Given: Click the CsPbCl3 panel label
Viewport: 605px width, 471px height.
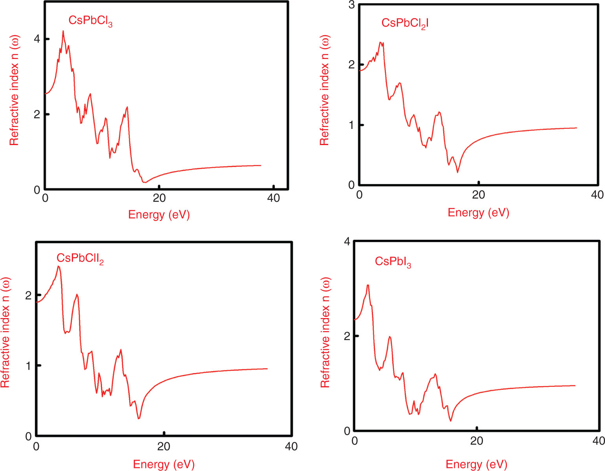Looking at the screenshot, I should (90, 21).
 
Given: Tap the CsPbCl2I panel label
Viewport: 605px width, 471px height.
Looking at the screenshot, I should (405, 24).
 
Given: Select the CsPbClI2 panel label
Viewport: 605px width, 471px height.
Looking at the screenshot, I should (80, 259).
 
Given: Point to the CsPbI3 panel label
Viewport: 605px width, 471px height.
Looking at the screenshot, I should (393, 262).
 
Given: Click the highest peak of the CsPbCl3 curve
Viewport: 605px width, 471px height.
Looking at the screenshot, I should (63, 31).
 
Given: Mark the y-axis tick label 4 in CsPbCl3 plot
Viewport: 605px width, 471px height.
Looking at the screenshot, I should (37, 39).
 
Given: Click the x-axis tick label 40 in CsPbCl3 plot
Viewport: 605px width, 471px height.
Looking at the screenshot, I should (273, 198).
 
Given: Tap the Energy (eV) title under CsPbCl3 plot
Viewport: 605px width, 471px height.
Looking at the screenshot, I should (159, 215).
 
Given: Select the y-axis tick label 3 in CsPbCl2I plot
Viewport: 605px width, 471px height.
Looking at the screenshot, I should (351, 5).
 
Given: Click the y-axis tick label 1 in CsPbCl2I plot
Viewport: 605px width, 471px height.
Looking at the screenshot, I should (351, 125).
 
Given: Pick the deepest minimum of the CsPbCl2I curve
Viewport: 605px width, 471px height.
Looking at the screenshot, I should (457, 172).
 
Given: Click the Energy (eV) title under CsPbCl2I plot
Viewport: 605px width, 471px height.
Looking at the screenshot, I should (478, 213).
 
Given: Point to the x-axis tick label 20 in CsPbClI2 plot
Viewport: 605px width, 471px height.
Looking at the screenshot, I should (164, 447).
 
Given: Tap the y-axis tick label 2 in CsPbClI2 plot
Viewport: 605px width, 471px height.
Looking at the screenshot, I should (28, 295).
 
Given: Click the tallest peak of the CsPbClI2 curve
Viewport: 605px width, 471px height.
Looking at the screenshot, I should (58, 267).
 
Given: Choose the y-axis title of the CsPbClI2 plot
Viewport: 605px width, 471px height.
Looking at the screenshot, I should (5, 333).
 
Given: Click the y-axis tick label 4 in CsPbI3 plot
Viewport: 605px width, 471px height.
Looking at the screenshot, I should (347, 241).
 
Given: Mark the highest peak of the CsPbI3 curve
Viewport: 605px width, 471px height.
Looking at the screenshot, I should (368, 285).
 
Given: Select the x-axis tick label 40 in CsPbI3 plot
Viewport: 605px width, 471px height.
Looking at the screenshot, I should (598, 441).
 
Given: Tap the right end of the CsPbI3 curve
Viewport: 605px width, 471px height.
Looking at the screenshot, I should (575, 385).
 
